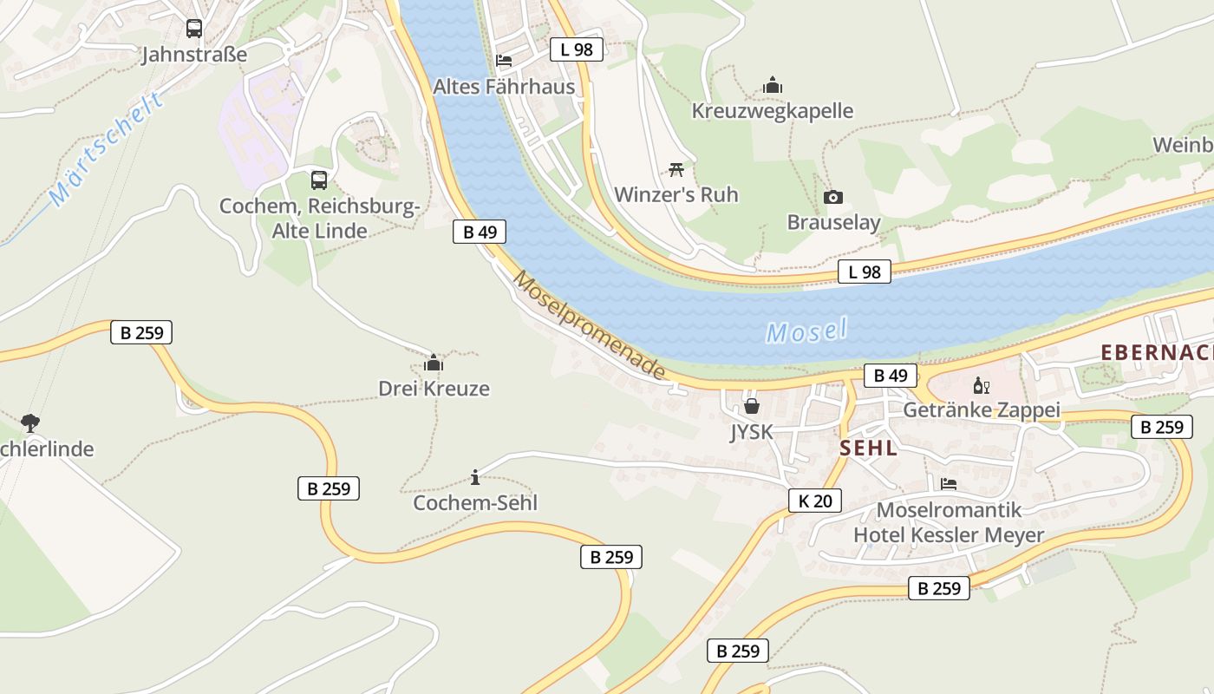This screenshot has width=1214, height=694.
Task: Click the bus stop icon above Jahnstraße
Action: click(194, 29)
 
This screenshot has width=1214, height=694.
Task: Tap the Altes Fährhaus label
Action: click(504, 87)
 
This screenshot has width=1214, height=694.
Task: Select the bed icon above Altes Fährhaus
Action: click(504, 61)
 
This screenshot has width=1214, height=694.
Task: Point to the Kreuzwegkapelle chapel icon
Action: click(773, 85)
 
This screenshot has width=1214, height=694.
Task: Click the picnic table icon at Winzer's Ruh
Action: click(676, 169)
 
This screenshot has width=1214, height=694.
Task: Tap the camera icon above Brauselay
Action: click(833, 197)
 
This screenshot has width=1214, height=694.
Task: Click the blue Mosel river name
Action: click(806, 331)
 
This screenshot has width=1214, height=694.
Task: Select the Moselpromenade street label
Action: click(590, 325)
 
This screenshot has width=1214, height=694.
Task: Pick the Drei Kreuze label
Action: click(434, 388)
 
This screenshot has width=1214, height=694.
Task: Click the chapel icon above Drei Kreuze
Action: click(434, 363)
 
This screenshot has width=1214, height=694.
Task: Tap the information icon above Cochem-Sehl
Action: click(475, 477)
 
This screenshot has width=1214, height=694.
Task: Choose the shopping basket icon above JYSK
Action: click(751, 406)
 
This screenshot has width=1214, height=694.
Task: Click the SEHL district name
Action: click(868, 448)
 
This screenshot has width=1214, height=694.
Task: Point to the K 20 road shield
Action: click(815, 501)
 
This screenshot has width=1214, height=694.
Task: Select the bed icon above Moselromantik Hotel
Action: click(949, 484)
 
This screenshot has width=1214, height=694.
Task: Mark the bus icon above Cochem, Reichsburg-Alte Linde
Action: click(319, 180)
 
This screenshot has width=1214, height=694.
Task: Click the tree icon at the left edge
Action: click(30, 423)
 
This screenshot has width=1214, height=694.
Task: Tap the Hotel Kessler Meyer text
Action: click(949, 535)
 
